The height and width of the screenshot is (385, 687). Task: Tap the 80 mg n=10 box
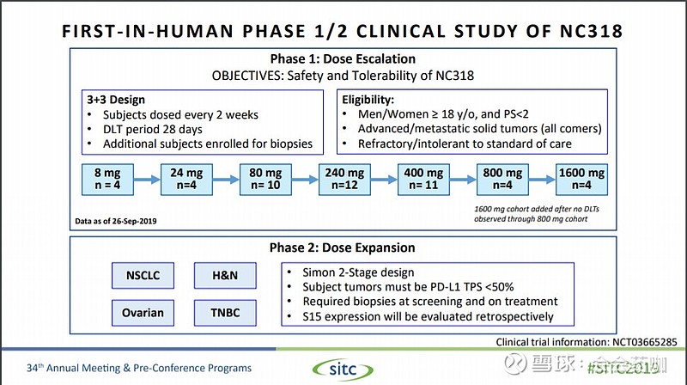[264, 180]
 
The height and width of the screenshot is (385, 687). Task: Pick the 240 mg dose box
[343, 180]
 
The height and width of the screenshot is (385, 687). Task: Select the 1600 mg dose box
[581, 180]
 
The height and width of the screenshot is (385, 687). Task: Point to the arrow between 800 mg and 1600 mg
[541, 180]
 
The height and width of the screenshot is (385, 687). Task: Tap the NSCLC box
[142, 276]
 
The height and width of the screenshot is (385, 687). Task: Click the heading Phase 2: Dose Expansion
[342, 247]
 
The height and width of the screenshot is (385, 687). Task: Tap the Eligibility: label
[372, 98]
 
